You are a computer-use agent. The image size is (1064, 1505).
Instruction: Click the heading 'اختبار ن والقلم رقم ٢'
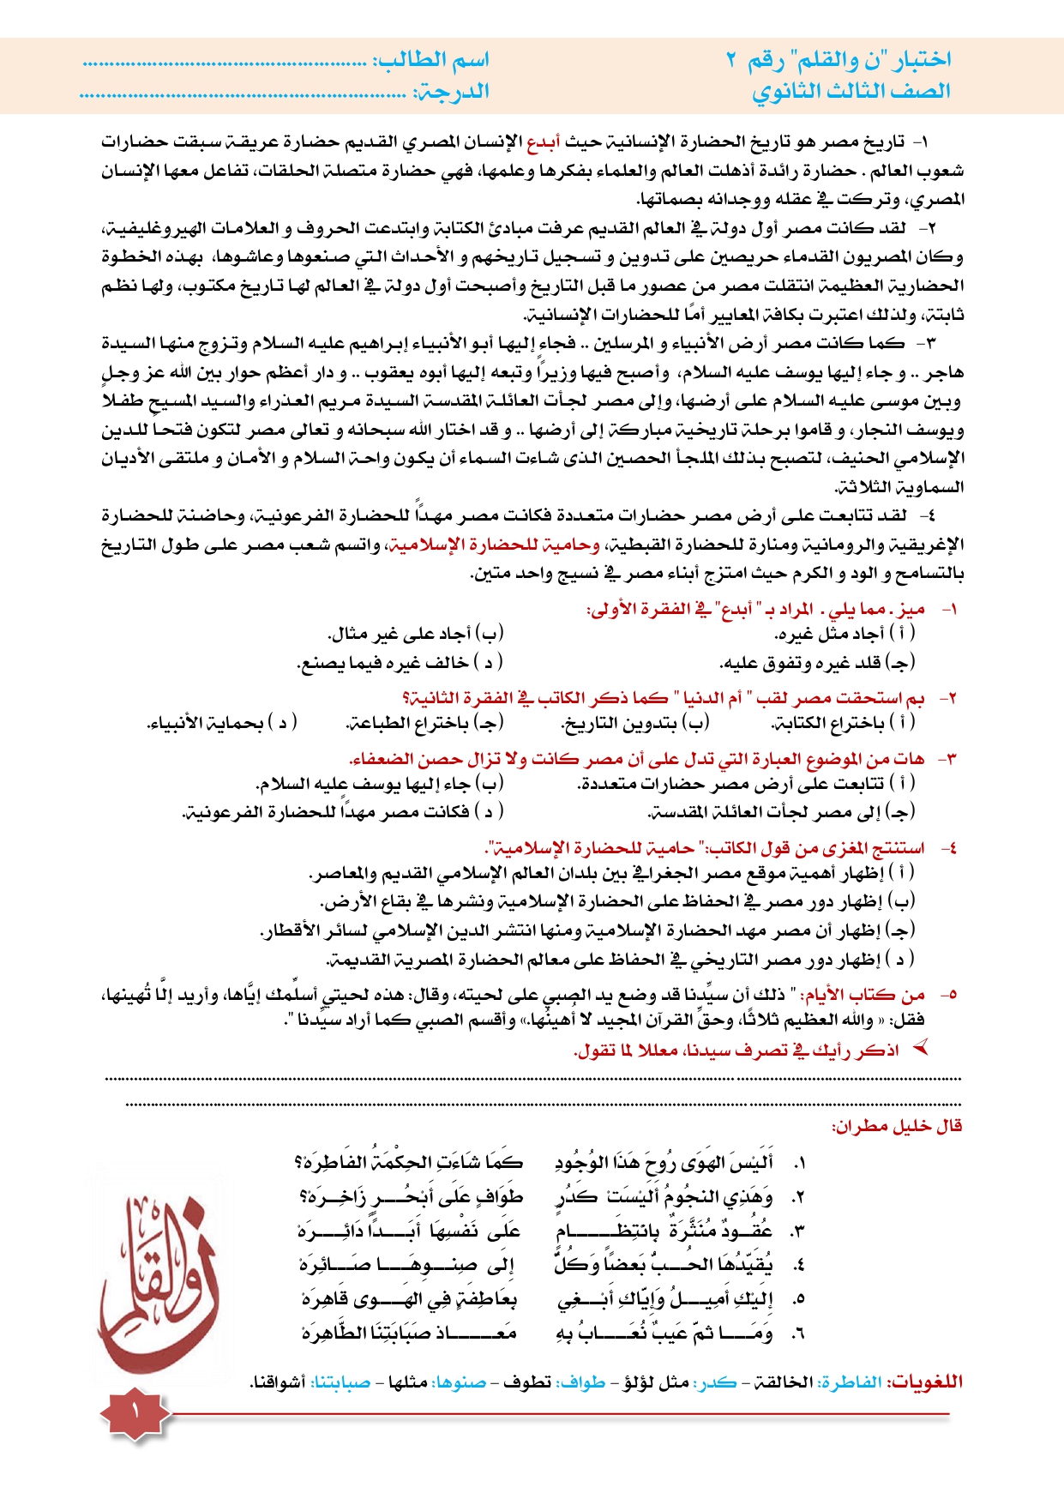point(839,60)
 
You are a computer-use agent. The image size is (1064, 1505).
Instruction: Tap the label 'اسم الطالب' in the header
point(430,60)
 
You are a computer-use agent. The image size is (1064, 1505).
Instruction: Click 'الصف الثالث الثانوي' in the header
point(851,91)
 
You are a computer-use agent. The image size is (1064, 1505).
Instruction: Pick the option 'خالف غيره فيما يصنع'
point(400,663)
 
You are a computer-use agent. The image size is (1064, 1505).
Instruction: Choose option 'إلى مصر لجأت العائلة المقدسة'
point(781,812)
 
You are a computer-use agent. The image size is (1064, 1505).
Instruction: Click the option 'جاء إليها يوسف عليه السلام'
point(379,784)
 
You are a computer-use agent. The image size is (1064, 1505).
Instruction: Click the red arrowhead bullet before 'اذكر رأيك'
point(921,1048)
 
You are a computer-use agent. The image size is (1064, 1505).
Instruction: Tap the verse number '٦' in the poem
point(798,1334)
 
